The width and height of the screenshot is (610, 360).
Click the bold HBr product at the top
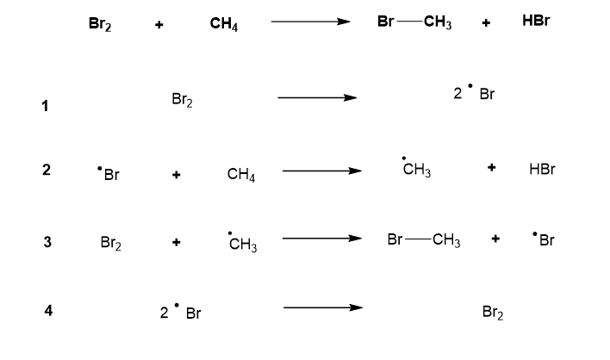coord(536,22)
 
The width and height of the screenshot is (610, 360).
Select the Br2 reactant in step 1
coord(183,102)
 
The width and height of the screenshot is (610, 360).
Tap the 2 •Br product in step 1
coord(474,94)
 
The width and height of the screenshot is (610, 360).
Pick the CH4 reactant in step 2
coord(240,175)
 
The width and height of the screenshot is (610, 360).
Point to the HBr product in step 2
coord(542,170)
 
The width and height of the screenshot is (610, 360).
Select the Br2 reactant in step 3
coord(109,244)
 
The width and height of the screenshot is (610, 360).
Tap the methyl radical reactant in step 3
coord(242,245)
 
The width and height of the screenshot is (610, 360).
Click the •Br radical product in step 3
coord(543,240)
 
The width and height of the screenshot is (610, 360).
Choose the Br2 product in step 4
coord(493,313)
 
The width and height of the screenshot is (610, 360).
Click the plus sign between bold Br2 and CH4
coord(159,26)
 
